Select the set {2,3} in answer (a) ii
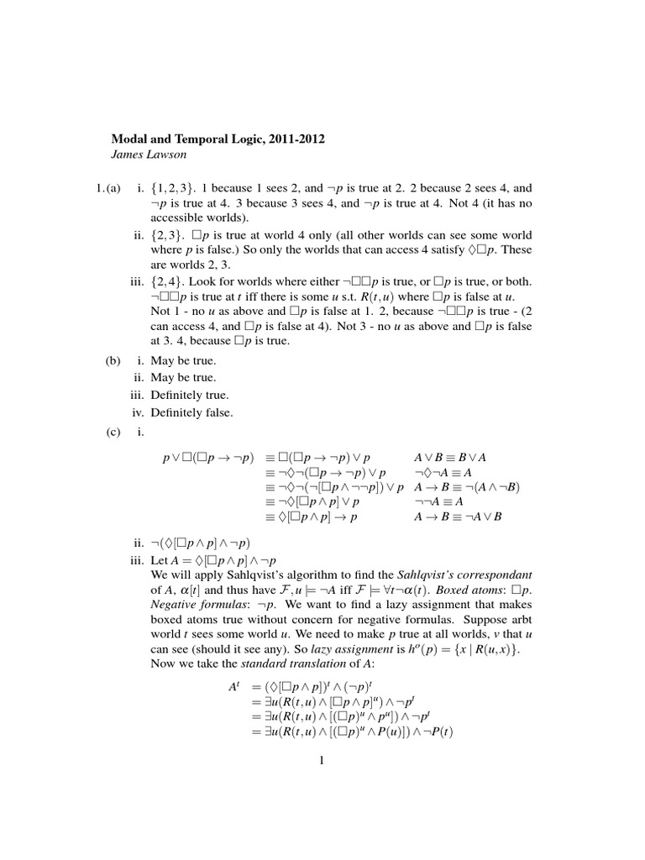[x=170, y=235]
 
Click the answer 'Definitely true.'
[x=190, y=395]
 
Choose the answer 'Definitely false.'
[x=191, y=412]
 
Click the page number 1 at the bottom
[x=321, y=762]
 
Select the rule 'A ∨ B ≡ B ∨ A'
[x=450, y=458]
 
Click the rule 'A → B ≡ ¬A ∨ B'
[x=458, y=516]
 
